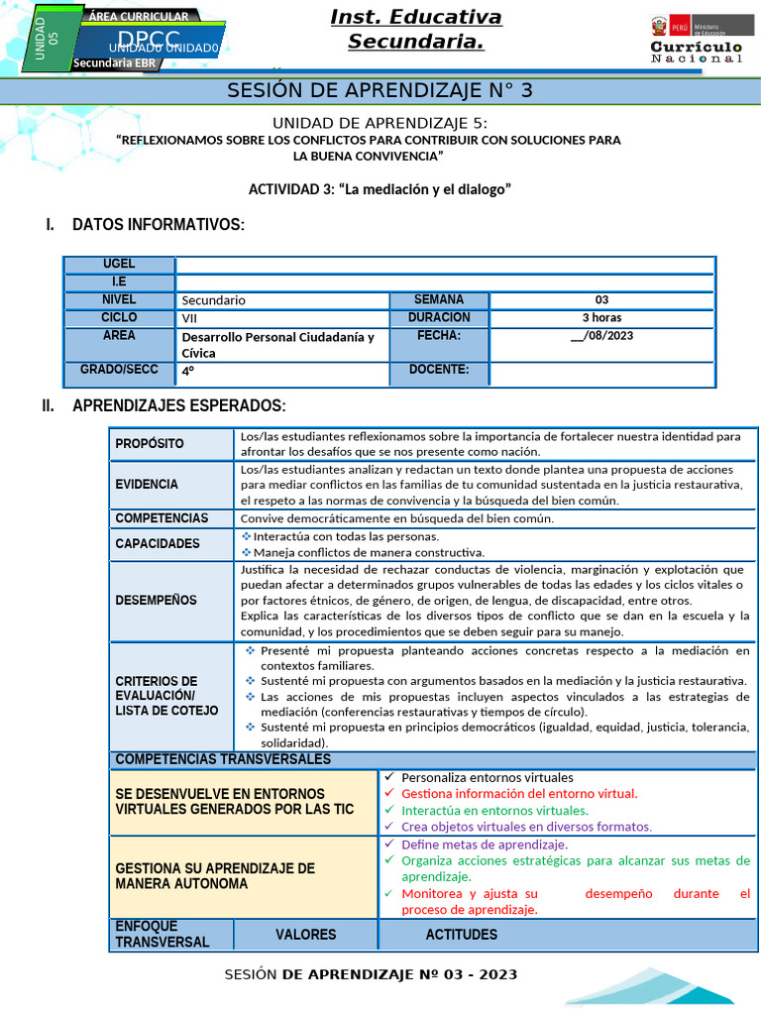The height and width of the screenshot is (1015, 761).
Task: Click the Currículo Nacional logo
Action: (x=696, y=41)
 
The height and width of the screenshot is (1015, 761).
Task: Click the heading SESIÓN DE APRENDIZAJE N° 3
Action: (x=380, y=91)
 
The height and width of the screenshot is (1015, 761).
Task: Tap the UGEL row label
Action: (x=119, y=265)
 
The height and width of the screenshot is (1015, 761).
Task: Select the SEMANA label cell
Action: (x=438, y=300)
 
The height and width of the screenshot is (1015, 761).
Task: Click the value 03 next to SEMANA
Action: (x=601, y=300)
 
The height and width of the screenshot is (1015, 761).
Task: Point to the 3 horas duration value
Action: (x=601, y=318)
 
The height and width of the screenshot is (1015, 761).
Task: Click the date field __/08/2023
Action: (x=601, y=337)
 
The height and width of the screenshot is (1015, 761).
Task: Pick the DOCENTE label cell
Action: (x=438, y=372)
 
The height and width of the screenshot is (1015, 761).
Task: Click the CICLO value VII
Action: (x=190, y=318)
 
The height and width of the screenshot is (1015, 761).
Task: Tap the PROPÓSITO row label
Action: (x=150, y=444)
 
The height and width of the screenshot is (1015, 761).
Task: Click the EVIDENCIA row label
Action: (x=147, y=485)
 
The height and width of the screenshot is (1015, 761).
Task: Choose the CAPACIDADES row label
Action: (x=158, y=543)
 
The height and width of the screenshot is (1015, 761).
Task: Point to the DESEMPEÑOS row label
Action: (x=156, y=601)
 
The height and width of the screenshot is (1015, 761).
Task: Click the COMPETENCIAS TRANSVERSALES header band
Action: (x=223, y=759)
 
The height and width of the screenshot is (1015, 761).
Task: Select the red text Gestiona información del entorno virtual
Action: (x=519, y=794)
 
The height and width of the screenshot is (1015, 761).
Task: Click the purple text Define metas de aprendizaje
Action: (x=485, y=845)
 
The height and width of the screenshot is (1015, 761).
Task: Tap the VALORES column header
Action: (x=305, y=935)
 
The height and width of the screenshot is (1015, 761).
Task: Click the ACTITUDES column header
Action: (x=462, y=935)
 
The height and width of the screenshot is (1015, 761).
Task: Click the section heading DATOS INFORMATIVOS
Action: (x=158, y=225)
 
